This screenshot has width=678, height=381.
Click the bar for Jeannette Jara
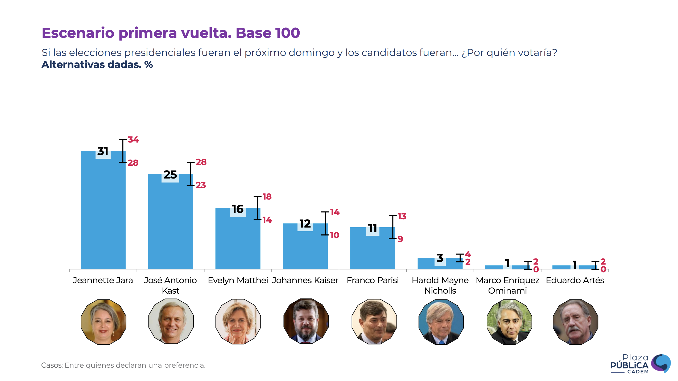[x=103, y=213]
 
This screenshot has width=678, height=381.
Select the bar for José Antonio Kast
[x=170, y=224]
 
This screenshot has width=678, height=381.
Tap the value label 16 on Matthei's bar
[x=238, y=209]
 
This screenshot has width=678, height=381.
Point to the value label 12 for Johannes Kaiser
[x=305, y=224]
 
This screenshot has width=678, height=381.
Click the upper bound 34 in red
[x=133, y=140]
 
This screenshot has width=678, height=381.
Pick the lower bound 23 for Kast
[x=201, y=185]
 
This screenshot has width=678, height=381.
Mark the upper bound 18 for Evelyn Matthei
[x=267, y=197]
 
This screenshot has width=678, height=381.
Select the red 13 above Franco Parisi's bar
[x=402, y=216]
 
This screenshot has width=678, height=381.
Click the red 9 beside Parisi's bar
[x=400, y=239]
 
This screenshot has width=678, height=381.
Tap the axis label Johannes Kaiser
[x=305, y=280]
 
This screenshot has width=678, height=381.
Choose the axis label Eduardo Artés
[x=575, y=280]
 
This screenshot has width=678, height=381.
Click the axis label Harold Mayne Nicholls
[x=440, y=285]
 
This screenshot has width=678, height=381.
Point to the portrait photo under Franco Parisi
[x=374, y=322]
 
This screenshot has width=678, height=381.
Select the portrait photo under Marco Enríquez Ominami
[x=509, y=322]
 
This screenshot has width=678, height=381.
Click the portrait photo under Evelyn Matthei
[x=238, y=322]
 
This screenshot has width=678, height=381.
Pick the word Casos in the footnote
[x=52, y=365]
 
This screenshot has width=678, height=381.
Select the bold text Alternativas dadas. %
[x=97, y=65]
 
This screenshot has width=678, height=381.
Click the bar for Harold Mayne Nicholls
[x=440, y=264]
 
